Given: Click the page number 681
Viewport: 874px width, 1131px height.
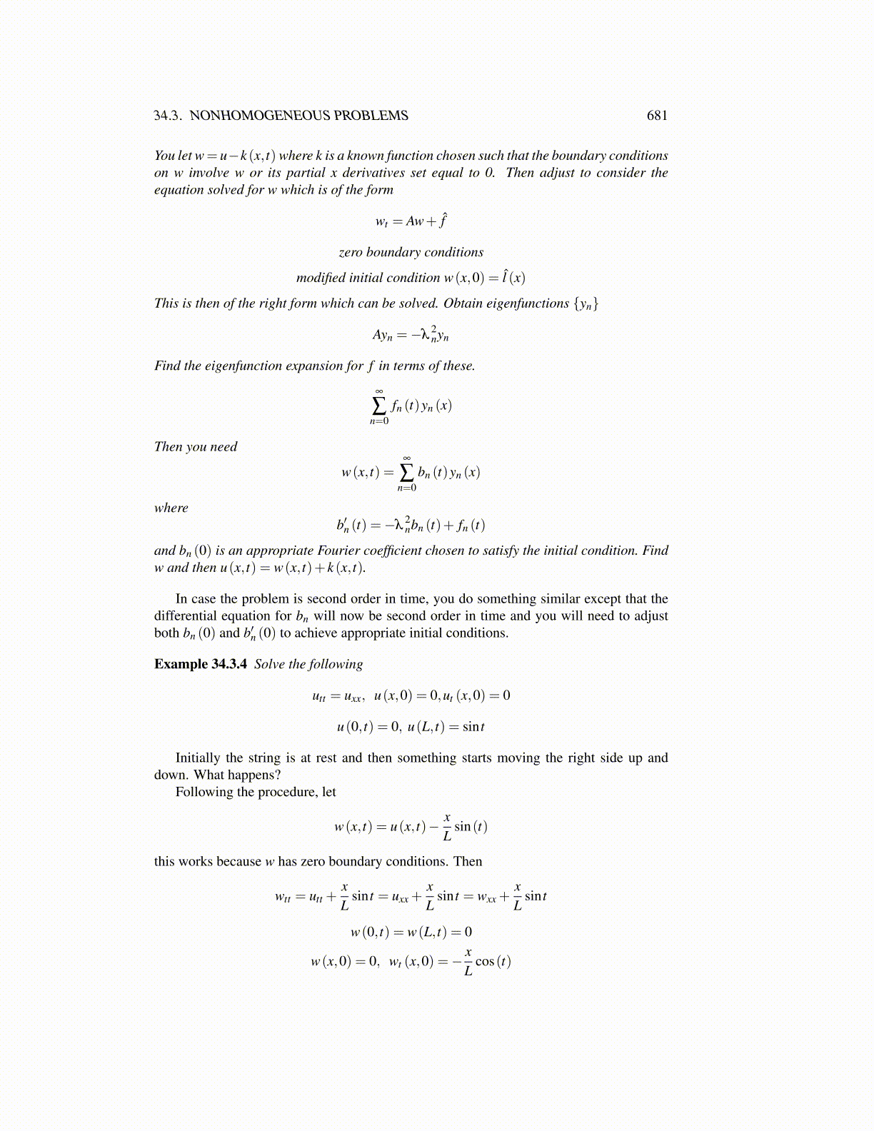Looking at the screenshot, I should (656, 116).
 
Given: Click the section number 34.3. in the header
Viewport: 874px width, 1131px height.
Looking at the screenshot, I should (169, 116).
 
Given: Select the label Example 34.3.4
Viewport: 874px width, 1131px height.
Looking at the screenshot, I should (201, 664).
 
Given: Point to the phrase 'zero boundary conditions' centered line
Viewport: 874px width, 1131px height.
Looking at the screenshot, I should (411, 252).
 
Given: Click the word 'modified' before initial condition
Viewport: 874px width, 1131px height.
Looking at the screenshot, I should (321, 278).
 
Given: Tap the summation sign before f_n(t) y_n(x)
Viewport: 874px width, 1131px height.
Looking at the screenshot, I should (379, 406).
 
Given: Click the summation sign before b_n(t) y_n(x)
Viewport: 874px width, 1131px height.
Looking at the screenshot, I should (406, 472).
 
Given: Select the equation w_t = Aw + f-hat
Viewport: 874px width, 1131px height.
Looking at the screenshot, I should (411, 221).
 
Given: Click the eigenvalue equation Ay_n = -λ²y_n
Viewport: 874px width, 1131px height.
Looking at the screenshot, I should (411, 334).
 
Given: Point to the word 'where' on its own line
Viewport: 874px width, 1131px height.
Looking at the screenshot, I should (171, 508).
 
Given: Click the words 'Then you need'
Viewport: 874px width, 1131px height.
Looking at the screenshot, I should (196, 447).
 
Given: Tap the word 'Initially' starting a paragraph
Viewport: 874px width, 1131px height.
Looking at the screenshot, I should (199, 758).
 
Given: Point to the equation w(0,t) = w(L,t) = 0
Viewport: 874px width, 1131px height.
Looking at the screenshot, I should (411, 932).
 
